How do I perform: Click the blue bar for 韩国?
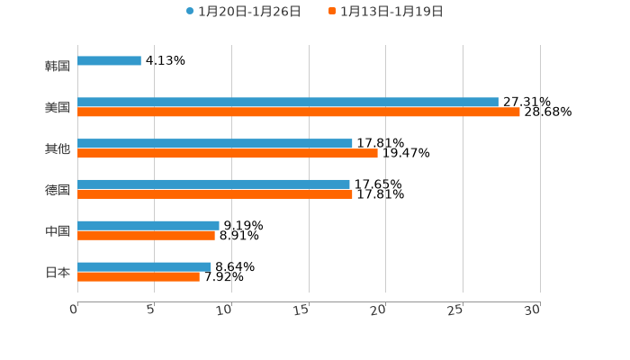tap(109, 61)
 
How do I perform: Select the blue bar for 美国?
tap(288, 103)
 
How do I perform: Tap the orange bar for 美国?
tap(299, 112)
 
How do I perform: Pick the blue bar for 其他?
tap(215, 144)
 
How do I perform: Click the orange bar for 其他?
tap(228, 154)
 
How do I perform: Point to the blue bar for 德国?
tap(213, 184)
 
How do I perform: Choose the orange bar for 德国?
tap(215, 194)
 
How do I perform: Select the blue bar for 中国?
tap(148, 226)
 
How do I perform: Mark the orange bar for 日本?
tap(139, 277)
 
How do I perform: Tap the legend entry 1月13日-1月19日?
tap(391, 12)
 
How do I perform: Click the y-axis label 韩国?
tap(58, 66)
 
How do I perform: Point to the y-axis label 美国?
tap(58, 107)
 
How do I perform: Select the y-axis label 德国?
tap(58, 190)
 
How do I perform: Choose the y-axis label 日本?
tap(58, 272)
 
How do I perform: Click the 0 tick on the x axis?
tap(74, 309)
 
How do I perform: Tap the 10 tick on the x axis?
tap(225, 309)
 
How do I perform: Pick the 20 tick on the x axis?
tap(379, 309)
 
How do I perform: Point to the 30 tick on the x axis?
tap(533, 309)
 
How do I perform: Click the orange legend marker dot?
tap(332, 12)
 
